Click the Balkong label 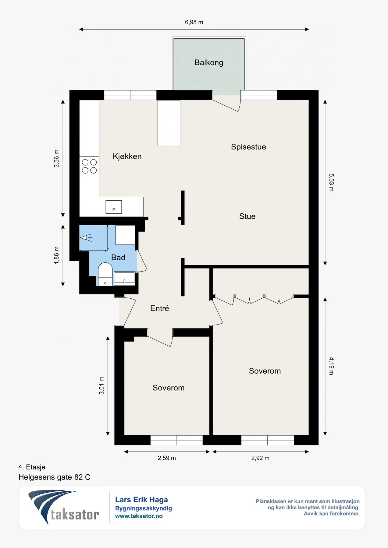(x=209, y=63)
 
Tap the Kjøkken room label (x=127, y=156)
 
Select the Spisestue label (x=248, y=147)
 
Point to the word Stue (x=247, y=216)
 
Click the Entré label (x=159, y=308)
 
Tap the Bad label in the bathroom (x=118, y=258)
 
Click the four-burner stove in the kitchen (x=89, y=166)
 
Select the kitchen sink (x=114, y=207)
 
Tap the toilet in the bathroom (x=105, y=274)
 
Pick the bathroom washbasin (x=124, y=279)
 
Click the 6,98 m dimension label (x=194, y=22)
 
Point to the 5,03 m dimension (x=331, y=182)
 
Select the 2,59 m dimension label (x=167, y=458)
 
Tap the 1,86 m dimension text (x=56, y=255)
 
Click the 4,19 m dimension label (x=331, y=366)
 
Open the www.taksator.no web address (x=139, y=516)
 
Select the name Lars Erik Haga (x=141, y=500)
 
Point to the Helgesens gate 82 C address (x=55, y=477)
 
